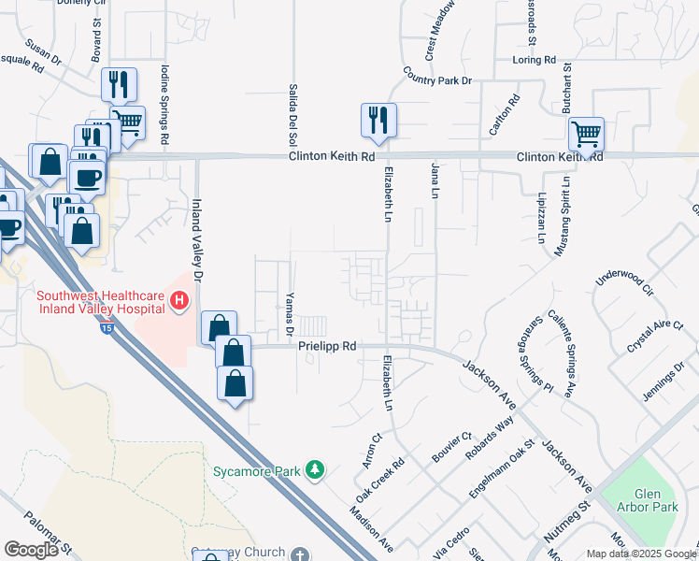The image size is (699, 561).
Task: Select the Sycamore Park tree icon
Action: (x=317, y=469)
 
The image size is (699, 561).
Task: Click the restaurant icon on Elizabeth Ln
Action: (x=378, y=120)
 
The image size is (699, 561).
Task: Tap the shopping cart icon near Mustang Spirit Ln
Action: (x=586, y=134)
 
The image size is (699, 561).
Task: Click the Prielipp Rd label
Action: (x=327, y=345)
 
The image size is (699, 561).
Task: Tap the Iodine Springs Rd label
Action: (x=164, y=103)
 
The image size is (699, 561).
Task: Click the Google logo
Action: (x=31, y=550)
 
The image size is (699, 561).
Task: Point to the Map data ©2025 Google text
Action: (x=640, y=553)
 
